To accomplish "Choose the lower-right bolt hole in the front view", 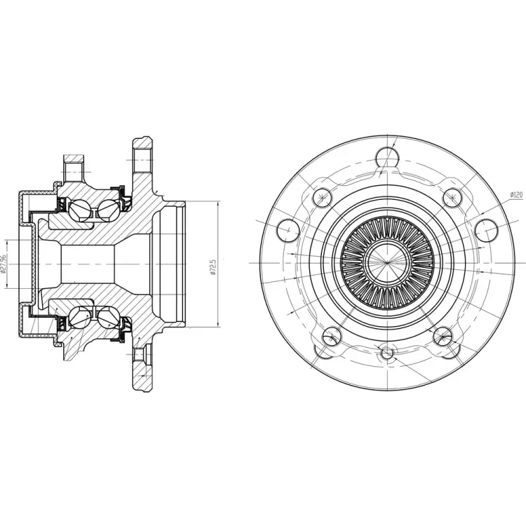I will point(443,336).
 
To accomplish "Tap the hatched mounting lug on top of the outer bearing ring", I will point(74,166).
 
